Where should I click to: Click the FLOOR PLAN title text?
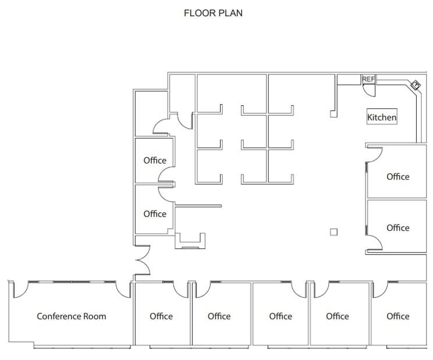pyautogui.click(x=213, y=13)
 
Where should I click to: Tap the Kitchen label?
pyautogui.click(x=382, y=117)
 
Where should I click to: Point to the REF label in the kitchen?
pyautogui.click(x=368, y=79)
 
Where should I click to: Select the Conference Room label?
pyautogui.click(x=72, y=316)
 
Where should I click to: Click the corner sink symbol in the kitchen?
pyautogui.click(x=416, y=85)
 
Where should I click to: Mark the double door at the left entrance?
pyautogui.click(x=143, y=260)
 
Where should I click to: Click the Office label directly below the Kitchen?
pyautogui.click(x=397, y=176)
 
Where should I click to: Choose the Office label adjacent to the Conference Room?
pyautogui.click(x=161, y=316)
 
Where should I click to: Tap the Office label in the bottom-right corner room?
pyautogui.click(x=397, y=316)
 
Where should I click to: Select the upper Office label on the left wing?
pyautogui.click(x=155, y=160)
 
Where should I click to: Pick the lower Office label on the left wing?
pyautogui.click(x=155, y=213)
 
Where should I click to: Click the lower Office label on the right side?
pyautogui.click(x=397, y=227)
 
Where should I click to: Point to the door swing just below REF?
pyautogui.click(x=368, y=90)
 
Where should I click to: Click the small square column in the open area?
pyautogui.click(x=333, y=232)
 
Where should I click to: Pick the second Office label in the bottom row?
pyautogui.click(x=219, y=316)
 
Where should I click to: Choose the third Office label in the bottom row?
pyautogui.click(x=280, y=316)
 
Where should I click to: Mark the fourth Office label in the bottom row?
pyautogui.click(x=337, y=316)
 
